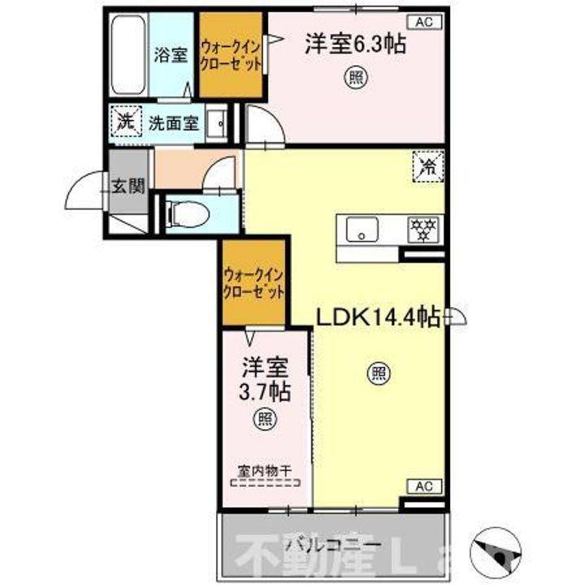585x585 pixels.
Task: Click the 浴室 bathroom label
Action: coord(171,54)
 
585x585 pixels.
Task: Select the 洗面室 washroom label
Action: coord(173,124)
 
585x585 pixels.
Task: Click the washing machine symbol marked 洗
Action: coord(126,123)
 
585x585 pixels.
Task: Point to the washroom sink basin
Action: coord(218,124)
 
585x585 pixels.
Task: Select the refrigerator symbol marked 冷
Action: coord(428,167)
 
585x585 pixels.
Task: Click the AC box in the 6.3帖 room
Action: coord(424,22)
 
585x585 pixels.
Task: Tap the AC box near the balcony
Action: coord(423,486)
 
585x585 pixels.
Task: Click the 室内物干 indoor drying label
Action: coord(265,470)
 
